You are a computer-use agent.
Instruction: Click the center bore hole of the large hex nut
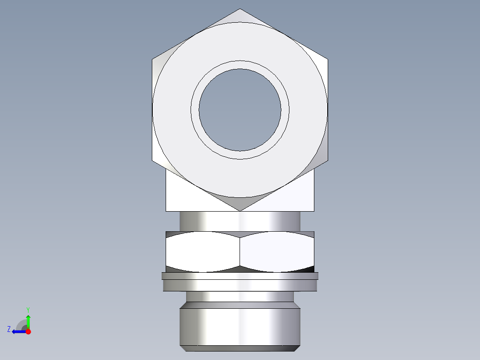pos(240,110)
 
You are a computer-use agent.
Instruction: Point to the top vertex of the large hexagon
pos(240,9)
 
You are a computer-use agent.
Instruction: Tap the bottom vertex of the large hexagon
pos(240,211)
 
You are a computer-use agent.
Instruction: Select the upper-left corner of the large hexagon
pos(152,59)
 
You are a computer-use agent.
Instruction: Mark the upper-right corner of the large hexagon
pos(328,59)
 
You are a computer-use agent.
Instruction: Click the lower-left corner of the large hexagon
pos(152,161)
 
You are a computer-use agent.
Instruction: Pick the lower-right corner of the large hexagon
pos(328,161)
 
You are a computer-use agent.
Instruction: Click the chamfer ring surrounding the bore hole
pos(240,65)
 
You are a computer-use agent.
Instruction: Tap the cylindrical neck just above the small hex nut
pos(240,221)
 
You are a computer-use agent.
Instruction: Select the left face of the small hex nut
pos(203,252)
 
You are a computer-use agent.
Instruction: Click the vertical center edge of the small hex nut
pos(240,252)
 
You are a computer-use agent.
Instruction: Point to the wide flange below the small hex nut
pos(240,282)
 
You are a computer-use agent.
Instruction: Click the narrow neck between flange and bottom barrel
pos(240,297)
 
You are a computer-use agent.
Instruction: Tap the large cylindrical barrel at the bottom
pos(240,325)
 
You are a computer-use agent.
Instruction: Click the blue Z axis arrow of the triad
pos(18,331)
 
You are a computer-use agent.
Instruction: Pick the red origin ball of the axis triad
pos(28,331)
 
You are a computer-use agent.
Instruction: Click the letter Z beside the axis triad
pos(9,329)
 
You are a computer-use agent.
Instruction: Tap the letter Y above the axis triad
pos(28,310)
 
